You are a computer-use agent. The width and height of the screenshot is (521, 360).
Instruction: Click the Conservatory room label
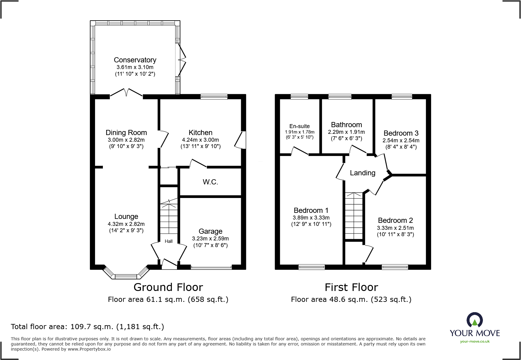click(x=135, y=60)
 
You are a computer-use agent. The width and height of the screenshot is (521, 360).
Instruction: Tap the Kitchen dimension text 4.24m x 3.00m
click(x=200, y=140)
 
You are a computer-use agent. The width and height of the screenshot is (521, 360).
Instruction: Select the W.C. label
click(x=210, y=182)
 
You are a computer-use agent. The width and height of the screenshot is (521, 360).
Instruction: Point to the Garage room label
click(x=210, y=231)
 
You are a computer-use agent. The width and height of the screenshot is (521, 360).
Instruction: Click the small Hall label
click(x=169, y=241)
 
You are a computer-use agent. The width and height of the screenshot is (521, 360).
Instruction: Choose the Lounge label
click(x=126, y=216)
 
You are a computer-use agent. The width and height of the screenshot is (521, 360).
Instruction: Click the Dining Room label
click(x=126, y=133)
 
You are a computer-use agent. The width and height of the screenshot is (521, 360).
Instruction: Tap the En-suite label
click(x=300, y=126)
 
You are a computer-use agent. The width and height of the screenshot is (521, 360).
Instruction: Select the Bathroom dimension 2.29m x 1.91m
click(x=346, y=132)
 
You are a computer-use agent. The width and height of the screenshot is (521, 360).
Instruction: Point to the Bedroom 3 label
click(x=401, y=133)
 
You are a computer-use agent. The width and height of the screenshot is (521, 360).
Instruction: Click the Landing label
click(x=362, y=173)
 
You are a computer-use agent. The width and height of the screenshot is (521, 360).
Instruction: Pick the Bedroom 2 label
click(x=395, y=220)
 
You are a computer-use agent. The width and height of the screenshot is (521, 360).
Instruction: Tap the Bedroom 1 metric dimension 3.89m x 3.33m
click(x=311, y=218)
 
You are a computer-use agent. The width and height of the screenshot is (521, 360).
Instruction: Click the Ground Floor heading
click(x=168, y=287)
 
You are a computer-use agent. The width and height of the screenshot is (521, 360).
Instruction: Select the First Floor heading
click(x=351, y=287)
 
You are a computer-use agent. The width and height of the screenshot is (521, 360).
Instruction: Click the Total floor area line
click(x=87, y=327)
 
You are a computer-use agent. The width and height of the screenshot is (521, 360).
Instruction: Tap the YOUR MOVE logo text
click(x=475, y=333)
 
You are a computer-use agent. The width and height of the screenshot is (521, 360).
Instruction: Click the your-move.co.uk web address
click(x=475, y=342)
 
